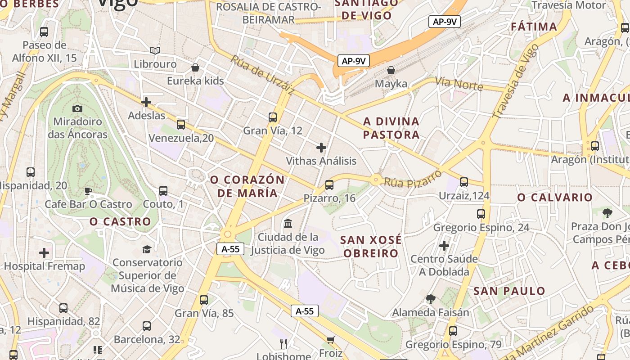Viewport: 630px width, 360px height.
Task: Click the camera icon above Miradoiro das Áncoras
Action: (77, 108)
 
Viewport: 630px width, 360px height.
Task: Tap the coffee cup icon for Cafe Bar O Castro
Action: (88, 191)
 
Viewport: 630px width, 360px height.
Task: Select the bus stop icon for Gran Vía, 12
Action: (272, 117)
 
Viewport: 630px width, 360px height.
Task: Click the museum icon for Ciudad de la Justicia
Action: (288, 223)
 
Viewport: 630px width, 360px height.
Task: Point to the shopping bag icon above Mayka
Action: (391, 70)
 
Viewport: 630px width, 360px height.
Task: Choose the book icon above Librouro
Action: (155, 50)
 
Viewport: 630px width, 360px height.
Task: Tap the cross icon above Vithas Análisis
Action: (321, 148)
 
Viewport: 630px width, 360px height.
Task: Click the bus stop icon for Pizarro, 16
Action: (329, 184)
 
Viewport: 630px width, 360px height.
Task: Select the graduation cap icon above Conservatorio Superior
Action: (147, 249)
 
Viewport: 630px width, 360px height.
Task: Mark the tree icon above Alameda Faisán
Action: (431, 299)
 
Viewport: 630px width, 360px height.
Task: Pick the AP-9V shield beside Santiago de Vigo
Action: (444, 22)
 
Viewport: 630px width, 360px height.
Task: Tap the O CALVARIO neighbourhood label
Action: (555, 198)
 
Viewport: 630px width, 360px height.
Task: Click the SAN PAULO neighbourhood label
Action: (509, 291)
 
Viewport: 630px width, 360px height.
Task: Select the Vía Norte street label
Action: (459, 84)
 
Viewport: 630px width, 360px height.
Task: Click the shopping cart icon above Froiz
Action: (331, 340)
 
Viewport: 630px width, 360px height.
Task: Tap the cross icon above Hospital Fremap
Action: (44, 253)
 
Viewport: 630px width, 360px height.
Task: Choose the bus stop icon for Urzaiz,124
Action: (464, 182)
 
